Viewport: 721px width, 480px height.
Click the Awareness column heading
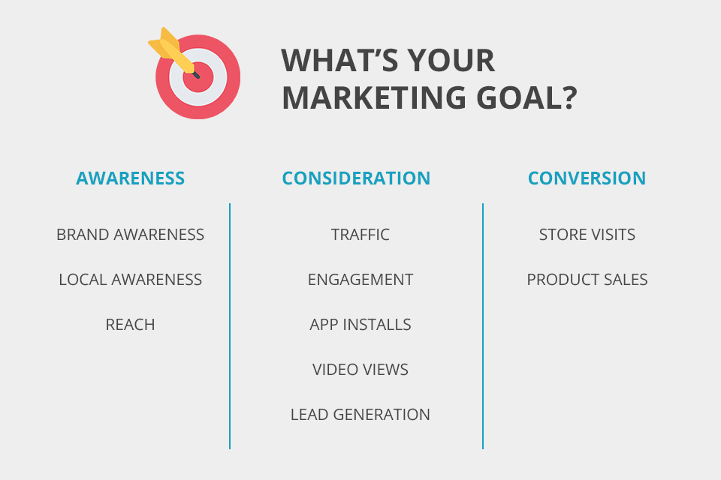[130, 178]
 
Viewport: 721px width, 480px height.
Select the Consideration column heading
[356, 178]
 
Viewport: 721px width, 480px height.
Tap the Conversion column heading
[587, 178]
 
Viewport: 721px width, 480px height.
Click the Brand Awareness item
[130, 235]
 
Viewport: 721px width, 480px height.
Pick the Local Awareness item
[130, 280]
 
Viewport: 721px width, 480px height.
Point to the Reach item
[130, 325]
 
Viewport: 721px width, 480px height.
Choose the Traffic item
[360, 235]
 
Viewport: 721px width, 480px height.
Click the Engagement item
[360, 280]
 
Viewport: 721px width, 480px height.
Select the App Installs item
[360, 325]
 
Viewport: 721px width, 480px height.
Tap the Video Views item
[360, 370]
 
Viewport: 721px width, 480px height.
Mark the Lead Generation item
[360, 415]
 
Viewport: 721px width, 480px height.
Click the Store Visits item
[587, 235]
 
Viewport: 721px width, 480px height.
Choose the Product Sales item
[587, 280]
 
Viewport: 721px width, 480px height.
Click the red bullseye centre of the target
[200, 77]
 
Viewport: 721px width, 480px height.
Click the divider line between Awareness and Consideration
[230, 326]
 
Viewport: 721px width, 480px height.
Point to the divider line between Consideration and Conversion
[483, 326]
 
